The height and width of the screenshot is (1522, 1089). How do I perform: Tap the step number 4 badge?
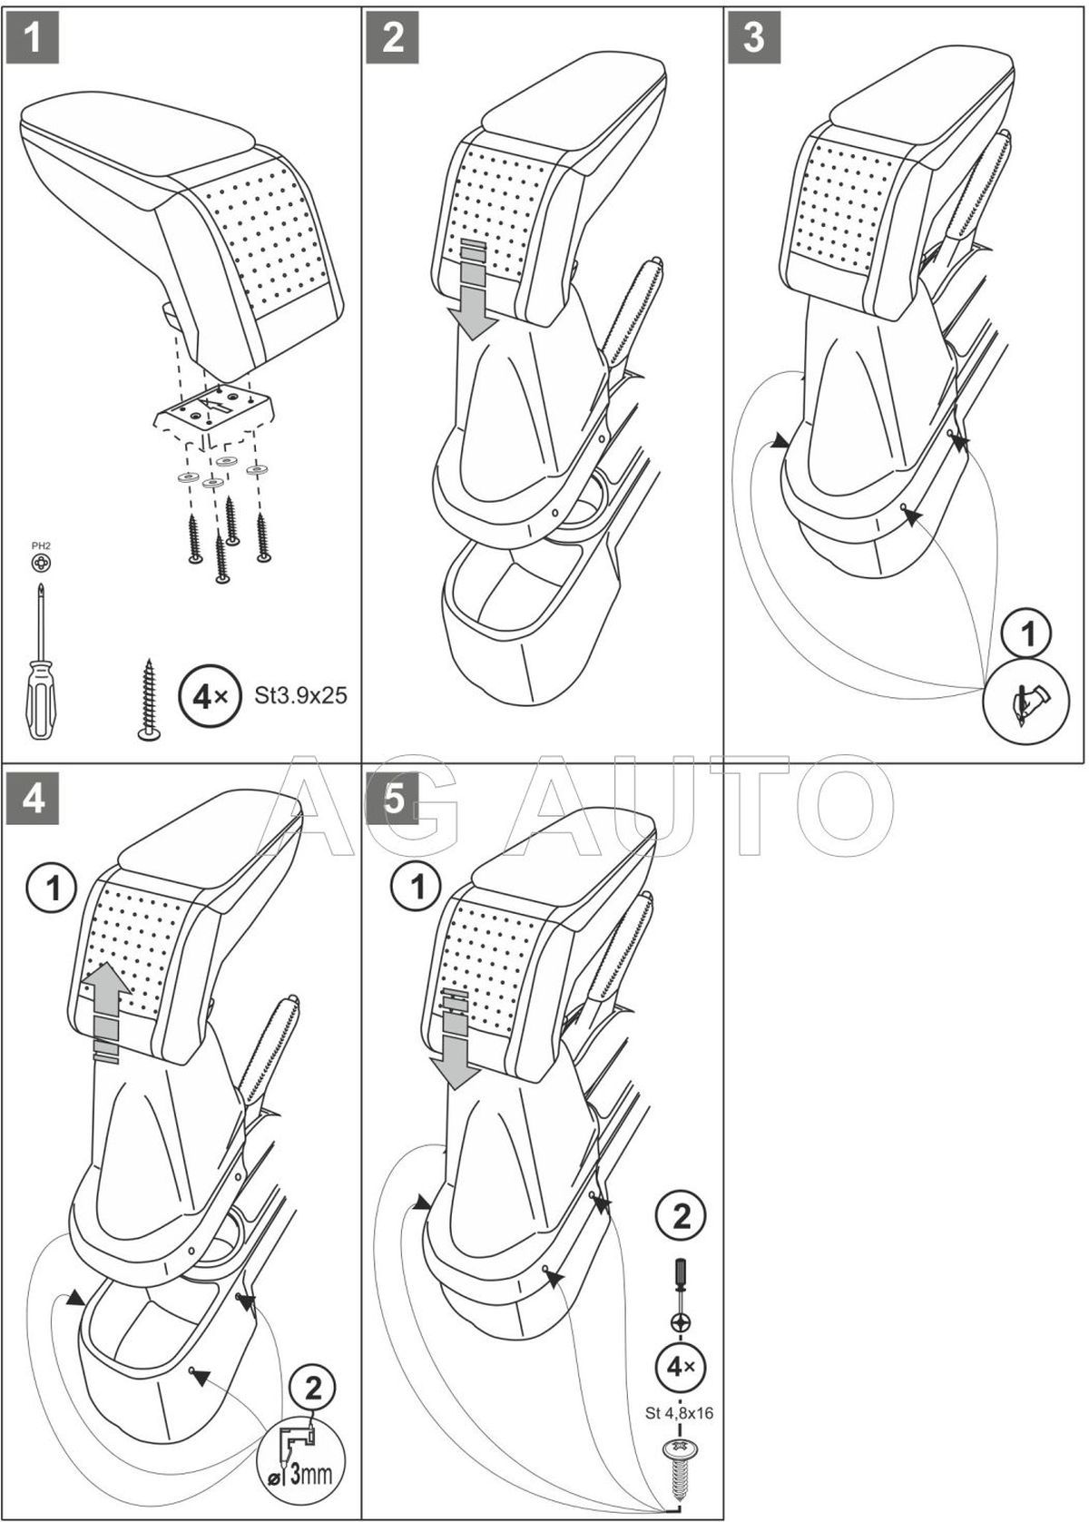[32, 800]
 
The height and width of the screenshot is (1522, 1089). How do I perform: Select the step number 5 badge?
[393, 800]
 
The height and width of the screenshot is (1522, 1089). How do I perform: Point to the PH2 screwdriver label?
[40, 545]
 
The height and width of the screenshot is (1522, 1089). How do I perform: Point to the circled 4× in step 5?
[681, 1366]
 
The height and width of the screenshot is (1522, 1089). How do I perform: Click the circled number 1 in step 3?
[1027, 635]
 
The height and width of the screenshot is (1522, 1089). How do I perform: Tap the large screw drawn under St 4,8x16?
[681, 1463]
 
